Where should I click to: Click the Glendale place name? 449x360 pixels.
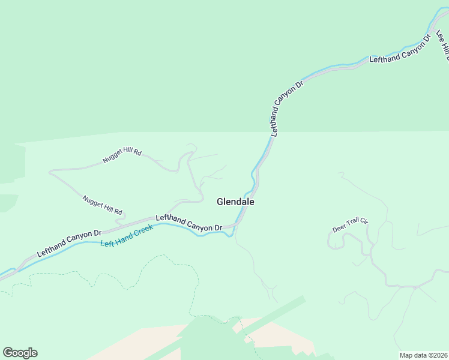235,202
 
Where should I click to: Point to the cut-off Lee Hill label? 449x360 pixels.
444,46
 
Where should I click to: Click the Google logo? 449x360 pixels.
20,353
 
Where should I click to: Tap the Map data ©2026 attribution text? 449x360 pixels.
423,355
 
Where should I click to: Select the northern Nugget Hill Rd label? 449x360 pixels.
122,156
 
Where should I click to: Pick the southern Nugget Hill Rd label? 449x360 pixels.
103,205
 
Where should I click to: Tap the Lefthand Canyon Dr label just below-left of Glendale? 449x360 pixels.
189,223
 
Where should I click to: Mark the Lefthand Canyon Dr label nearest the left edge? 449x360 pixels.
68,244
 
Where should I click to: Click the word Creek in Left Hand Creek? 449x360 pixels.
142,232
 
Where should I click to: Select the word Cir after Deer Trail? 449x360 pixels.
364,222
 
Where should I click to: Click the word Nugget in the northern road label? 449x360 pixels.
112,158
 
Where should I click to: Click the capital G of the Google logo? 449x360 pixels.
8,352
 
